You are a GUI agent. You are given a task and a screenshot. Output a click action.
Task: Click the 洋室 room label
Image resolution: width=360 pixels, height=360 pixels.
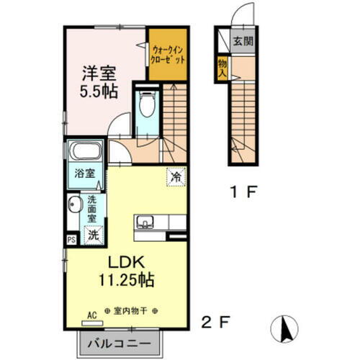(x=97, y=74)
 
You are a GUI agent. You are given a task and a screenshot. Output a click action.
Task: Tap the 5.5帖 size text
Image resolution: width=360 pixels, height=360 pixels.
(x=97, y=91)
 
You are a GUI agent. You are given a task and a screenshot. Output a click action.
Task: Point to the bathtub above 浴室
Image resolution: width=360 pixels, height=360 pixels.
(x=85, y=152)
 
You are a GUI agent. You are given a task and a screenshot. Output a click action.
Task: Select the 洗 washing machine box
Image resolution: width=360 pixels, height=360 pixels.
(x=92, y=234)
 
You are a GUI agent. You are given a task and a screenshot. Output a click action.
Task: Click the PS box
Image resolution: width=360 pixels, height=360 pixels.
(x=71, y=240)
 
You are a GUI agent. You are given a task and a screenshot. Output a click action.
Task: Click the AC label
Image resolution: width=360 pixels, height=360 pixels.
(x=91, y=314)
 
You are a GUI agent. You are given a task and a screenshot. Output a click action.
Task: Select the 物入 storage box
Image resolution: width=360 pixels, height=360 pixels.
(x=222, y=68)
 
